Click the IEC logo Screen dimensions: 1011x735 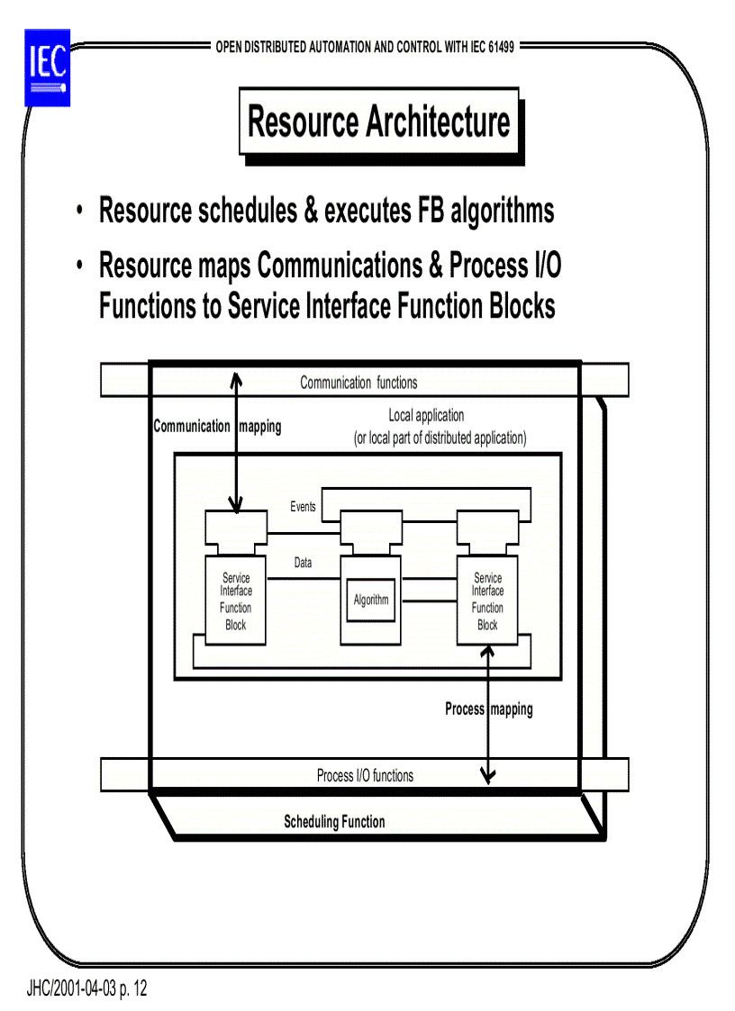[47, 67]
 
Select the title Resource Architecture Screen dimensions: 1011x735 [378, 122]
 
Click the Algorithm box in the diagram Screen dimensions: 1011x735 [371, 600]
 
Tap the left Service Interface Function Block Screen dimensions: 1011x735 [236, 601]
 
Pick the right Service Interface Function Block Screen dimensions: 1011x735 [487, 601]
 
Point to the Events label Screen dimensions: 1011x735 [304, 507]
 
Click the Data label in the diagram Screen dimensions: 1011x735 [304, 563]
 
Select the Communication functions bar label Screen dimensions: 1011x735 [358, 383]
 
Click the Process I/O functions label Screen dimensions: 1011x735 [365, 775]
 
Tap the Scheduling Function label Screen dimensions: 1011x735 [334, 821]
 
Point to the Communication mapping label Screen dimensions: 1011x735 [217, 427]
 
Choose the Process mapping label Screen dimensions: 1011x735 [489, 709]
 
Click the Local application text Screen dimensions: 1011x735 [426, 416]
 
